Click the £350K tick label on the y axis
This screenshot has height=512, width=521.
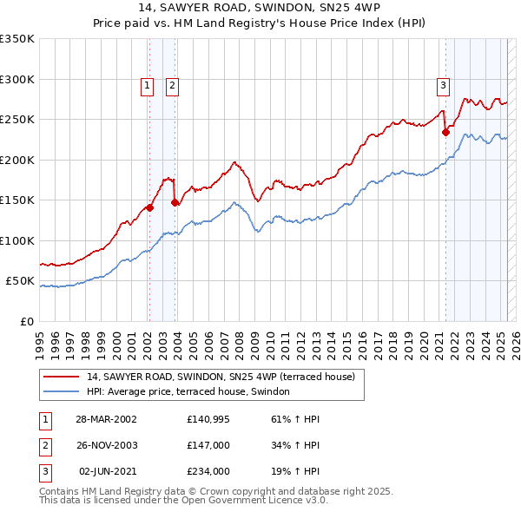point(17,39)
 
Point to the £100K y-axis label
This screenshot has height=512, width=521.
point(17,240)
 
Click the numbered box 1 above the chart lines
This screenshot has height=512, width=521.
point(148,85)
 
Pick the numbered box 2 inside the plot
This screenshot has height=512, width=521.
point(173,85)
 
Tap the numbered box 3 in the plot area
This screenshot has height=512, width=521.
point(443,85)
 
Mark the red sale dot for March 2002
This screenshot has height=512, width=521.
point(149,207)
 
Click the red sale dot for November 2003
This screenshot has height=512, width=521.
point(175,202)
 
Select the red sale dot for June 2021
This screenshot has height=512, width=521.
point(445,132)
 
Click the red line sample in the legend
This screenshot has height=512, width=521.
point(61,377)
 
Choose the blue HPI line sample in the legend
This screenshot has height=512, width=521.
point(61,392)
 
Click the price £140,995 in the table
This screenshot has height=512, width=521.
point(208,419)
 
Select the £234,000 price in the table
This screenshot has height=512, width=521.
point(208,471)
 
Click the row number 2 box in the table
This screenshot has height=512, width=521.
point(44,445)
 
